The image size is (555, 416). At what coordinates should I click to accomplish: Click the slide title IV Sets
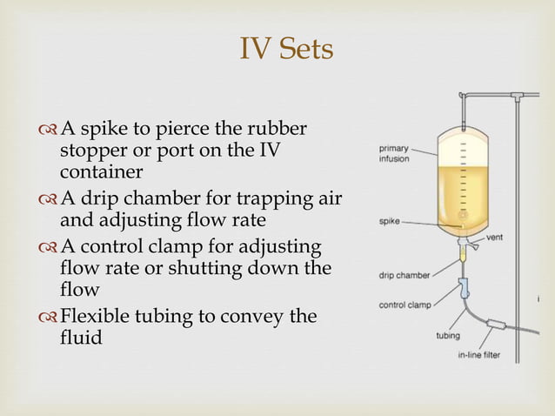pos(285,49)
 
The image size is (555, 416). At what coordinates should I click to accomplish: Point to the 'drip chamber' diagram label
pos(403,276)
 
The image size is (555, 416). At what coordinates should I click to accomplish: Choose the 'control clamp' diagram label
pos(405,305)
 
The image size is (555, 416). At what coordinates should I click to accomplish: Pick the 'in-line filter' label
pos(478,355)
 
